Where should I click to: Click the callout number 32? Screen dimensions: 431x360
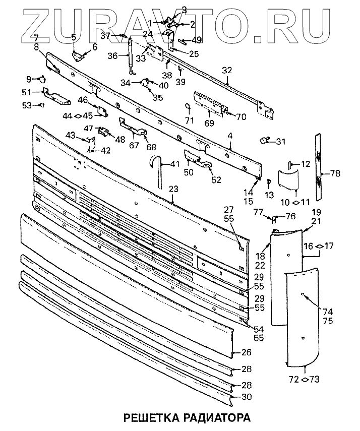227,70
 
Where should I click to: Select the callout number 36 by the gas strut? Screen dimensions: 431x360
113,55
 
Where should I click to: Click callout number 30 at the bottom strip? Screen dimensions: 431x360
247,397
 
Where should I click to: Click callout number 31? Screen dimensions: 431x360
280,141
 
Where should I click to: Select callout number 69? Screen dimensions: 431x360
209,122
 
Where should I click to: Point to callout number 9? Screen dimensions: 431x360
29,79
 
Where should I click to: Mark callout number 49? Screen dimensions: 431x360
196,40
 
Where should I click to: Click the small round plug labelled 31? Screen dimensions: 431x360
264,140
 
